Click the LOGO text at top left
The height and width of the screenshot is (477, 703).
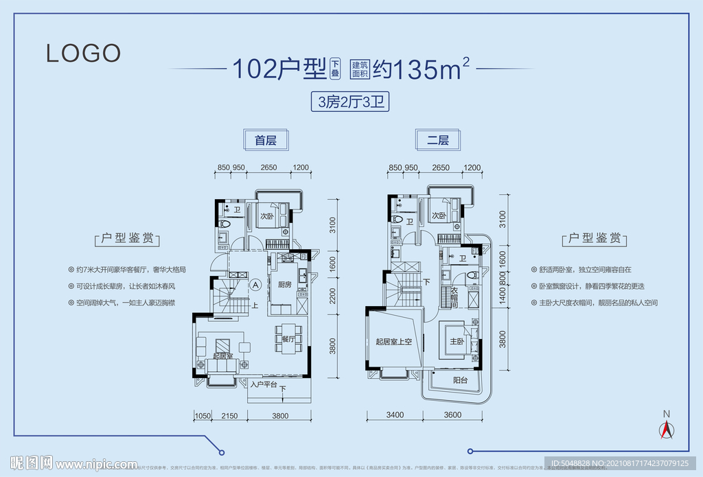click(84, 53)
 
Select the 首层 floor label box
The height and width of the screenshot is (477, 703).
click(265, 141)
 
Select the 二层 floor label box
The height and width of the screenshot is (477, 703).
click(438, 141)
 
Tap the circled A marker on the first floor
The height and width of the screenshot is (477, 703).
click(255, 283)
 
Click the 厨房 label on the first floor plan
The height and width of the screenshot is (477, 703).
click(285, 284)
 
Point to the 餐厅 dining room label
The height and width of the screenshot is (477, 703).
click(287, 339)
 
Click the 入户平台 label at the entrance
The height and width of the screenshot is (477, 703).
click(264, 385)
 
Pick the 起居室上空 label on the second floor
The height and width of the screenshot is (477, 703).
click(393, 342)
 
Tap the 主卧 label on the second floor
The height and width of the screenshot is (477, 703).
click(456, 341)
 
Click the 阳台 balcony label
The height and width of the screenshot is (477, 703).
click(461, 380)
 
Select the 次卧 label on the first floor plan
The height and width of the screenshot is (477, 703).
click(267, 216)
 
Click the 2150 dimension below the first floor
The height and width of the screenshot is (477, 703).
click(229, 415)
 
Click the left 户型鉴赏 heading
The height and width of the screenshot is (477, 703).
click(126, 239)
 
